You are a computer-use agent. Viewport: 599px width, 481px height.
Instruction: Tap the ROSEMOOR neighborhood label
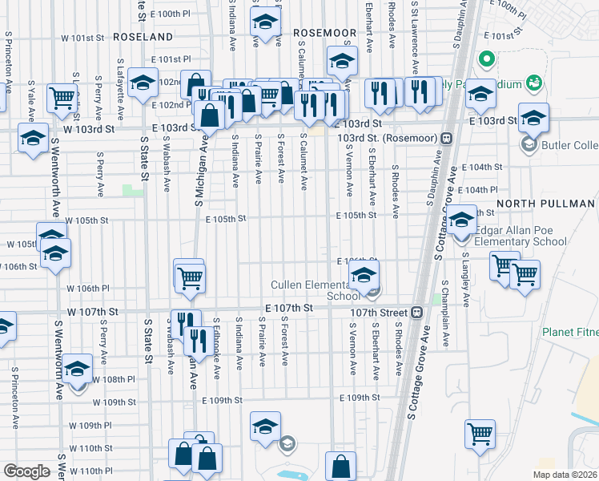324,32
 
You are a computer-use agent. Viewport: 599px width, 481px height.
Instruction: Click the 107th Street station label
379,313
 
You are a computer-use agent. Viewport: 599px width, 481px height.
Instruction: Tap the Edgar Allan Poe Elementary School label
520,235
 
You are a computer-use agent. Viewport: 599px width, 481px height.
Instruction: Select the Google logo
26,471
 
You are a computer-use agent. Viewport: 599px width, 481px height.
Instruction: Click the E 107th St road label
289,308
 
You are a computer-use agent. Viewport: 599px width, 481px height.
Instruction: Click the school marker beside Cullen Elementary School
364,277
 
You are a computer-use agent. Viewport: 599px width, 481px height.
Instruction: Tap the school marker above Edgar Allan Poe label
461,219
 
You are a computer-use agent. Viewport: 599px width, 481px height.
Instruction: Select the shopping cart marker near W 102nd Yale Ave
61,97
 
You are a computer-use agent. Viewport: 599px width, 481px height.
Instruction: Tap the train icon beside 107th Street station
416,313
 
